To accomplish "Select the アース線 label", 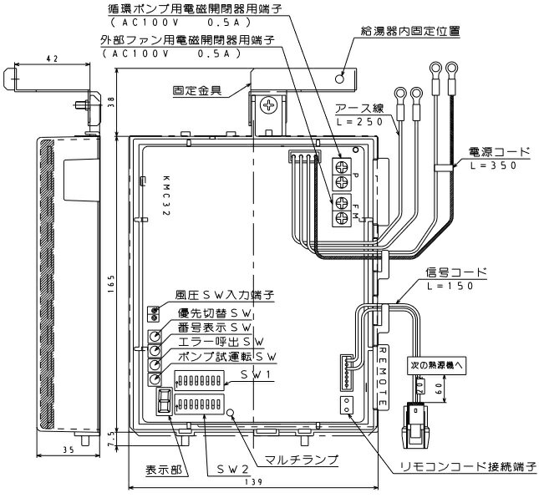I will point(359,109).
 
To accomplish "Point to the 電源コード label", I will point(499,152).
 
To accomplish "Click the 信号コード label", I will point(455,273).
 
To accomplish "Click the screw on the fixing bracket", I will point(270,105).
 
